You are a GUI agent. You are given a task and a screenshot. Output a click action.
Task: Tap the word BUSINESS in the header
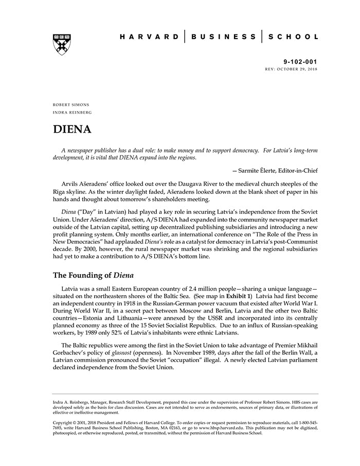[224, 37]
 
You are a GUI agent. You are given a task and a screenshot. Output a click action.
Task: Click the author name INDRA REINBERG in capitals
[72, 112]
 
